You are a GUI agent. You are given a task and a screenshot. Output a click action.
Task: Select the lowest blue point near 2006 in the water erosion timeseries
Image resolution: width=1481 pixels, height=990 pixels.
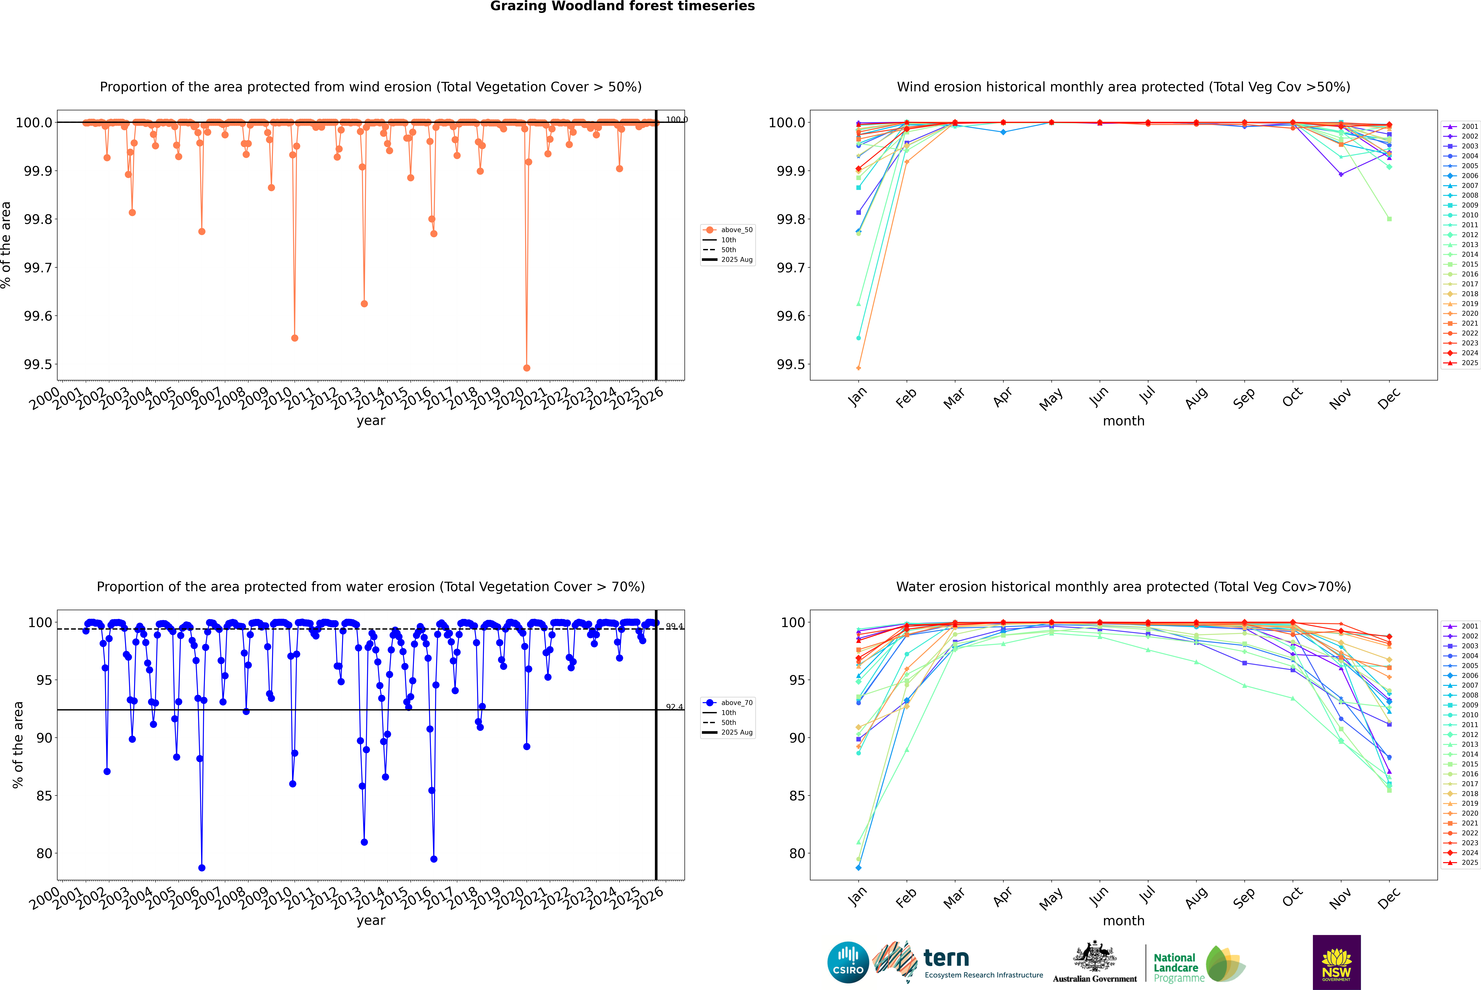click(x=201, y=867)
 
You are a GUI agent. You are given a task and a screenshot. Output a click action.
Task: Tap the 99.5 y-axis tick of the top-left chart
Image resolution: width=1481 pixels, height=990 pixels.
click(x=38, y=364)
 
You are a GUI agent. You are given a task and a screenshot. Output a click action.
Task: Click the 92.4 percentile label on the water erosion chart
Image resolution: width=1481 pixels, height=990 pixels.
click(x=674, y=707)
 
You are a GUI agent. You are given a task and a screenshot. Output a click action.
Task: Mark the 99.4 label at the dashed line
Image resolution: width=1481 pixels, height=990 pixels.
click(x=674, y=626)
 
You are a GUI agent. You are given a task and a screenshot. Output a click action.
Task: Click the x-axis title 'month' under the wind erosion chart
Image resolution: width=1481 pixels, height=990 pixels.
click(x=1123, y=421)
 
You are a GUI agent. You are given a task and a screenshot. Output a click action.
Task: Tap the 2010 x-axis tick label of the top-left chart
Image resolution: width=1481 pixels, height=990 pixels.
click(x=277, y=399)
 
